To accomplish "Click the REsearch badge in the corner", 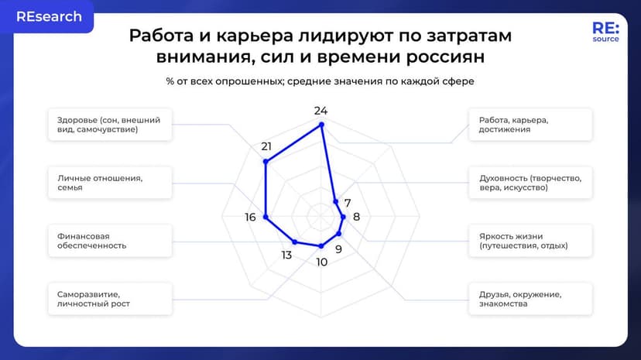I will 48,17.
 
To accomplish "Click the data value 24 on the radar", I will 321,110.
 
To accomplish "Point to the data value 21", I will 266,146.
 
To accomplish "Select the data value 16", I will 250,218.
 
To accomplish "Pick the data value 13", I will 286,255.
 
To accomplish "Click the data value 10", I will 321,262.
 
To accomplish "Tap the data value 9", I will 338,249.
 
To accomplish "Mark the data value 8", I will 356,217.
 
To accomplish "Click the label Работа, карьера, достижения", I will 530,125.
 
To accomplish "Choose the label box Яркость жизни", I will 530,240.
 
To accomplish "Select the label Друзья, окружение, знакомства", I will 530,298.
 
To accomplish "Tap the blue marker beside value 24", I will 322,124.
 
